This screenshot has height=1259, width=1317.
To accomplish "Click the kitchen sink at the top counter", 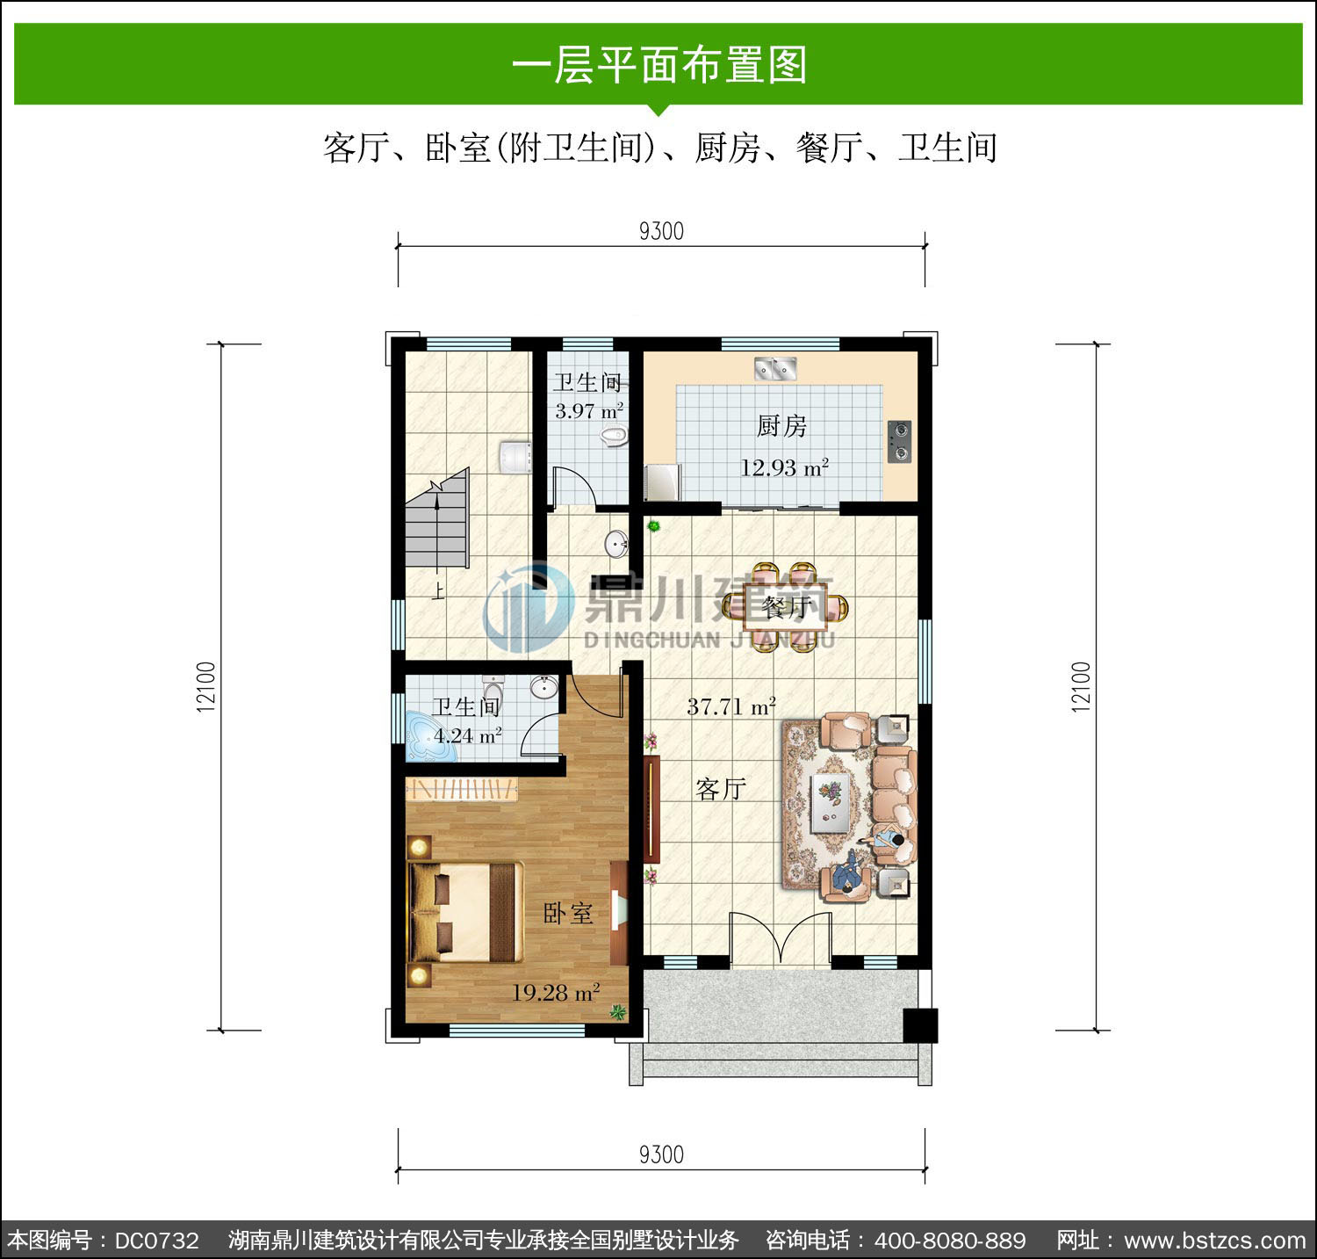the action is click(774, 368).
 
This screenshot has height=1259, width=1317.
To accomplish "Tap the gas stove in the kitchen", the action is click(899, 442).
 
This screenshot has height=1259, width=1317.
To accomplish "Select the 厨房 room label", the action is click(781, 426).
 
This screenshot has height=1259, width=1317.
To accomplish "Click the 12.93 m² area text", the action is click(784, 467).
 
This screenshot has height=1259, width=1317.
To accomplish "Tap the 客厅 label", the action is click(721, 789).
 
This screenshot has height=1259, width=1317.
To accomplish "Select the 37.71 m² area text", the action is click(731, 705).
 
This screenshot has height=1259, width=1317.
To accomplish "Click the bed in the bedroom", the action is click(465, 911).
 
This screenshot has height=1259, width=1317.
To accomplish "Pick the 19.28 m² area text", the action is click(556, 993).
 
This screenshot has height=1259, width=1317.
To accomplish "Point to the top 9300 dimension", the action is click(661, 231).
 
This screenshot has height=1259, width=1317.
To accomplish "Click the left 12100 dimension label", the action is click(206, 686).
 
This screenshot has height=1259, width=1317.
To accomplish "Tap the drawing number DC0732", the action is click(157, 1241).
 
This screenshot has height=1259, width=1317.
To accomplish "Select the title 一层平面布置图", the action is click(659, 66).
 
